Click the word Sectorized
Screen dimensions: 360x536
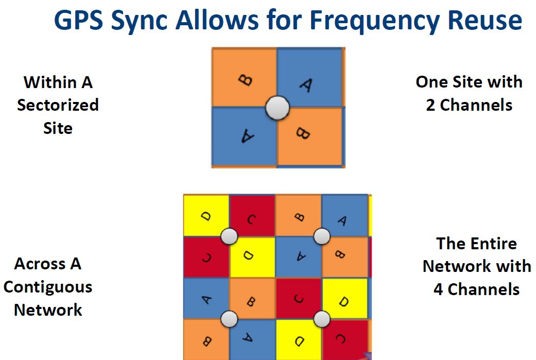click(58, 105)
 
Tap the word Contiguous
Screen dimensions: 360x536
click(48, 287)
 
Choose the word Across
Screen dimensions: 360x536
click(40, 264)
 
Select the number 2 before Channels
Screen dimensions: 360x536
click(430, 105)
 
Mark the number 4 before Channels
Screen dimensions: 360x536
click(438, 289)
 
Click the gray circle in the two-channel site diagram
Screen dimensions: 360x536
click(278, 108)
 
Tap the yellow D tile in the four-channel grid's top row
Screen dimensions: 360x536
click(206, 215)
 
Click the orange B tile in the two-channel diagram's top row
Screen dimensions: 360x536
click(244, 77)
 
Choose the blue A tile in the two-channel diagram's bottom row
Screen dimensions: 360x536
click(244, 137)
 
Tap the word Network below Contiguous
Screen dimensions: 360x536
click(48, 310)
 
